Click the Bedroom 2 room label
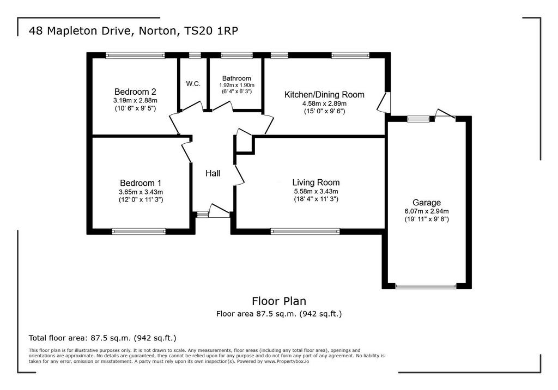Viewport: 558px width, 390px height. pyautogui.click(x=135, y=92)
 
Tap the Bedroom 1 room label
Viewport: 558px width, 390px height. pyautogui.click(x=141, y=183)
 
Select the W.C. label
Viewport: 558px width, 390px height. pyautogui.click(x=193, y=84)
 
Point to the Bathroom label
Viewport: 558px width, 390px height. pyautogui.click(x=236, y=78)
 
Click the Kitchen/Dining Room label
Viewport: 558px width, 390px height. pyautogui.click(x=324, y=95)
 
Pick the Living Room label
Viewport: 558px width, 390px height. pyautogui.click(x=316, y=182)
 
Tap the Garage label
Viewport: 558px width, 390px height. pyautogui.click(x=427, y=203)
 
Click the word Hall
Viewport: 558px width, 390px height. pyautogui.click(x=213, y=173)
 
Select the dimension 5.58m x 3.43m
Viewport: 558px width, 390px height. pyautogui.click(x=316, y=191)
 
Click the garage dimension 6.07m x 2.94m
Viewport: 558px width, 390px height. pyautogui.click(x=427, y=211)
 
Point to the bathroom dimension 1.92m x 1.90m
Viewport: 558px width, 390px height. pyautogui.click(x=236, y=86)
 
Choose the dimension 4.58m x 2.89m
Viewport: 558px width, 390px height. pyautogui.click(x=324, y=103)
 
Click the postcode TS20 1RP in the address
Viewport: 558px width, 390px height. pyautogui.click(x=211, y=31)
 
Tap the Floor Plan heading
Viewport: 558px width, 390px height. pyautogui.click(x=279, y=301)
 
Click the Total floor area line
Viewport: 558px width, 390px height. pyautogui.click(x=102, y=338)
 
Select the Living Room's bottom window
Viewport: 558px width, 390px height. pyautogui.click(x=305, y=231)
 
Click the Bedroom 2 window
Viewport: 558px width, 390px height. pyautogui.click(x=135, y=55)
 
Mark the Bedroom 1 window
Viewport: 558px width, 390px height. pyautogui.click(x=139, y=231)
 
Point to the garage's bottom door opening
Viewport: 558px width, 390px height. pyautogui.click(x=426, y=286)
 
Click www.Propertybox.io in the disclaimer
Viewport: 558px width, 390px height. pyautogui.click(x=286, y=362)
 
